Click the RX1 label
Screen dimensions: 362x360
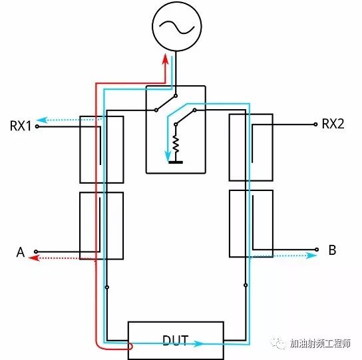(x=21, y=126)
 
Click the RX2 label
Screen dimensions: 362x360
(x=333, y=124)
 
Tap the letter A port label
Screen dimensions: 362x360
(x=21, y=252)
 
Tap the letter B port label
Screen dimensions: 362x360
(x=332, y=250)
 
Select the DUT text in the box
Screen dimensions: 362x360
(x=175, y=341)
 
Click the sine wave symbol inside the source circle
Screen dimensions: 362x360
(x=177, y=27)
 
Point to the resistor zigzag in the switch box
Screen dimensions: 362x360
(x=176, y=144)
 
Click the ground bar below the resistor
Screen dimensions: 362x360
(x=176, y=162)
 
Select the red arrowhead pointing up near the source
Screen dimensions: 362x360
(x=165, y=59)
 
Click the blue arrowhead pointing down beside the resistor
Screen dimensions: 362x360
(x=168, y=155)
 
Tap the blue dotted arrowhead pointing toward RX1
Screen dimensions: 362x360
(x=42, y=120)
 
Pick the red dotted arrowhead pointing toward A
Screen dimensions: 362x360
(x=34, y=258)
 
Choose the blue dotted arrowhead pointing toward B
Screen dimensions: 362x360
(x=311, y=255)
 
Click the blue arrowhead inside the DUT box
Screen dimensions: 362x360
(x=198, y=344)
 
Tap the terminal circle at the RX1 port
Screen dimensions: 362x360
(x=37, y=126)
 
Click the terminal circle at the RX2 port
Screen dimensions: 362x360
(x=315, y=124)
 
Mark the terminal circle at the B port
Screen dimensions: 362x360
(x=317, y=250)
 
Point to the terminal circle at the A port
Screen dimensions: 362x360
(x=36, y=252)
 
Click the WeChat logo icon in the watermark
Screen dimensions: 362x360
(x=279, y=343)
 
